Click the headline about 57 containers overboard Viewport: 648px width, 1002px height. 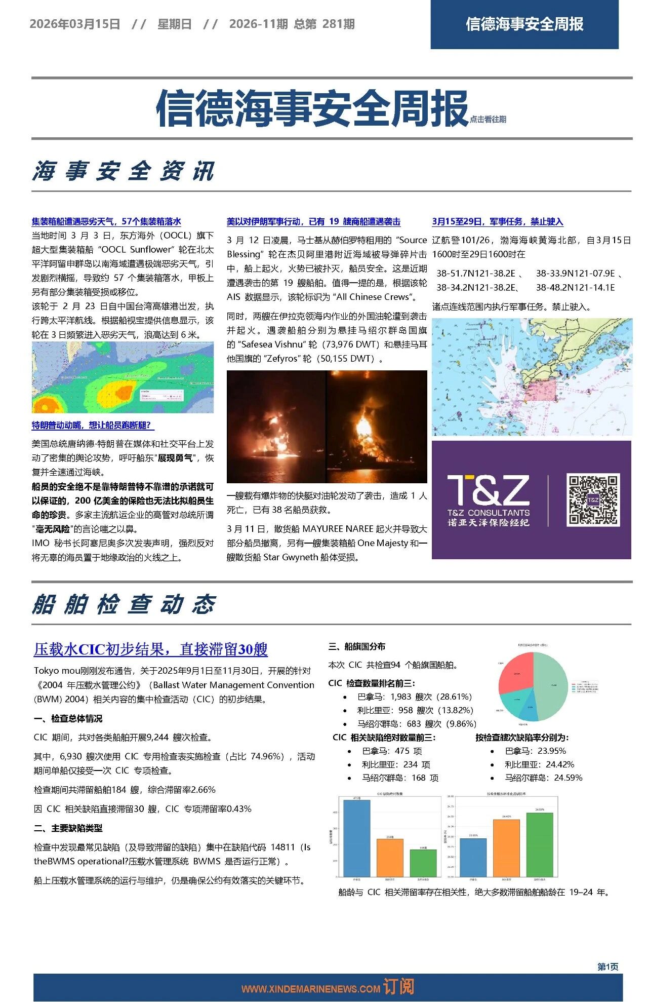[106, 221]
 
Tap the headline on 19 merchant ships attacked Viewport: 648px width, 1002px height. [313, 221]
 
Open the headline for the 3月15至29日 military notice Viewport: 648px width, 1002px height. [497, 221]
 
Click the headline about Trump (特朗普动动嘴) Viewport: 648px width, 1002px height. [93, 425]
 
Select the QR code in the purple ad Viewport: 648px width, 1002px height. [592, 499]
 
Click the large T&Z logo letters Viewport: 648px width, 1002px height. [488, 490]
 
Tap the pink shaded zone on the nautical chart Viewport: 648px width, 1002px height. [540, 389]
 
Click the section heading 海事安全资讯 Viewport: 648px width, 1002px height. [124, 171]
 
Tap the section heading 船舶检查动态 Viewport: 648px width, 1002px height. [124, 604]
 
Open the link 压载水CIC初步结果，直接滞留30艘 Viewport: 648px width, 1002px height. [151, 649]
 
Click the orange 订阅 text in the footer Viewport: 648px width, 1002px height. [398, 986]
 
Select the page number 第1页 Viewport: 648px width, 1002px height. [607, 967]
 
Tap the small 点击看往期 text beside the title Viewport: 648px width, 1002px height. [488, 120]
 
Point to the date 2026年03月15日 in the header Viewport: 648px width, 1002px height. [75, 24]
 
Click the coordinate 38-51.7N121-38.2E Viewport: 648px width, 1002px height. [476, 274]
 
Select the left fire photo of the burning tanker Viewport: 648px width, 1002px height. [276, 427]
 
